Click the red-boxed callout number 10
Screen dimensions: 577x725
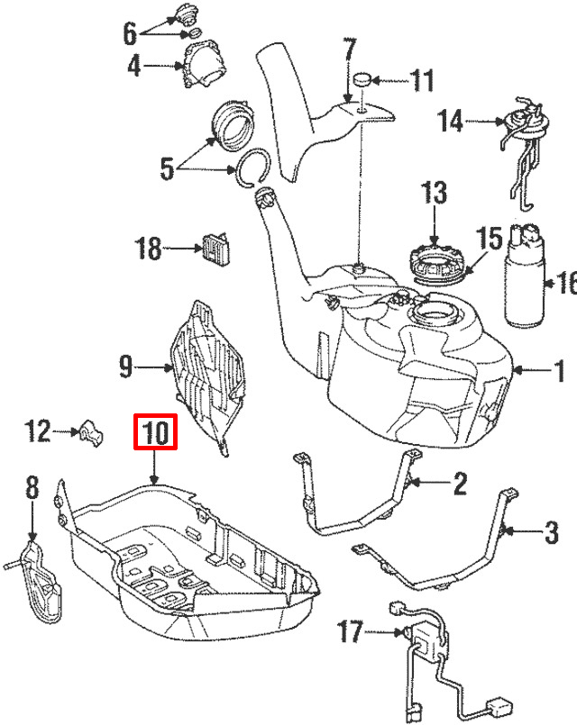tap(155, 432)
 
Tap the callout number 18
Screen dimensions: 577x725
tap(148, 249)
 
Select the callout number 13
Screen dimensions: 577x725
tap(434, 193)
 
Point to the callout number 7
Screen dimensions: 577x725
tap(349, 50)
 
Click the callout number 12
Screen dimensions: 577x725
tap(38, 431)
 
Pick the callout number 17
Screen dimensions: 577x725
tap(350, 632)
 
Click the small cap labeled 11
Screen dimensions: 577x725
tap(362, 78)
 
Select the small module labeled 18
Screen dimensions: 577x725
tap(216, 249)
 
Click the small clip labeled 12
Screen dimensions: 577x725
tap(91, 433)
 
